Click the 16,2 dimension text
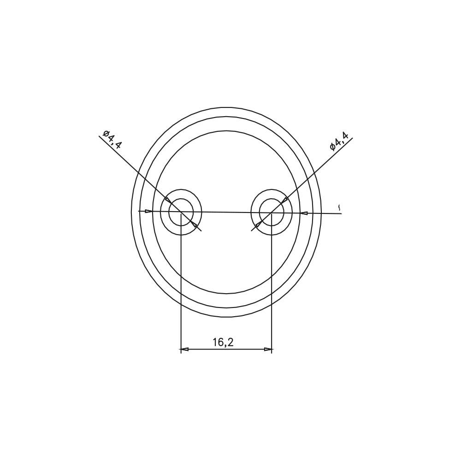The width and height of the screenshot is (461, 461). click(x=223, y=342)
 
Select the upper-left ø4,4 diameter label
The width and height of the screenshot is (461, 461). click(x=112, y=139)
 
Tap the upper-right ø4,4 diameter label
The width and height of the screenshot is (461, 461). click(x=339, y=141)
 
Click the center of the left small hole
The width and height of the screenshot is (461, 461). click(x=181, y=212)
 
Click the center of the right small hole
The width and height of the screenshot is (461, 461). click(x=272, y=212)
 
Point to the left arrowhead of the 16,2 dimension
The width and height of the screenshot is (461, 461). click(x=184, y=349)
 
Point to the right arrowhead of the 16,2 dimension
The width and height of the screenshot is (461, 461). click(x=268, y=349)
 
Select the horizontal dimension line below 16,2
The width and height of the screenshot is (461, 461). click(x=226, y=349)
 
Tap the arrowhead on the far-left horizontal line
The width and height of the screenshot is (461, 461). click(x=149, y=211)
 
